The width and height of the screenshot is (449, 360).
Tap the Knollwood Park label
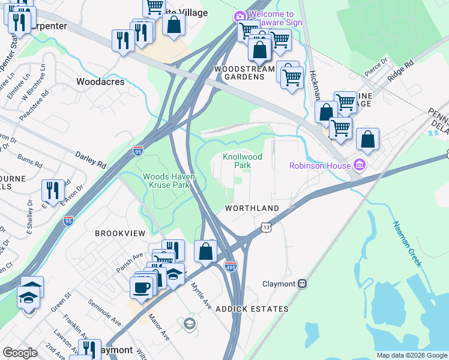pyautogui.click(x=243, y=161)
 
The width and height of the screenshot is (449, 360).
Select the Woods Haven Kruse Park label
pyautogui.click(x=166, y=181)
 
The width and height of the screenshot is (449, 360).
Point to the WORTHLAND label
pyautogui.click(x=252, y=208)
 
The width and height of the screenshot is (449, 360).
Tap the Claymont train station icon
pyautogui.click(x=303, y=283)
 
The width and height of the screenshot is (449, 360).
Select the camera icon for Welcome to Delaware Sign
pyautogui.click(x=240, y=16)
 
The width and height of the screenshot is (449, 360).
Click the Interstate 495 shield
pyautogui.click(x=231, y=266)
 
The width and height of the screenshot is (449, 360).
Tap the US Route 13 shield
pyautogui.click(x=266, y=227)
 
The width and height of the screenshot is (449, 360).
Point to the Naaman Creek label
pyautogui.click(x=408, y=244)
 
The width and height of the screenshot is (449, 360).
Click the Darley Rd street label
pyautogui.click(x=91, y=159)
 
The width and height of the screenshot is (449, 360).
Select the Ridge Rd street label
pyautogui.click(x=400, y=70)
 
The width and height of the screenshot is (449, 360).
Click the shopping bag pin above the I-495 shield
pyautogui.click(x=205, y=251)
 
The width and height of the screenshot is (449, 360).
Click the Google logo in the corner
pyautogui.click(x=20, y=352)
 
